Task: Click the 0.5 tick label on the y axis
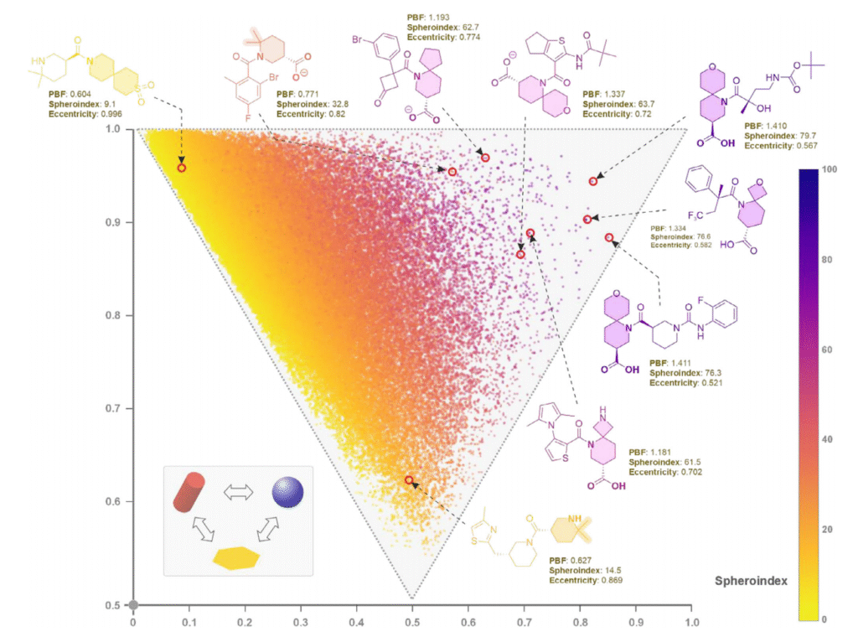pyautogui.click(x=119, y=605)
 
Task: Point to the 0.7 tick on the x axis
pyautogui.click(x=525, y=623)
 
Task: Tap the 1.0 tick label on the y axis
pyautogui.click(x=119, y=129)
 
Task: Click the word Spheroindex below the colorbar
pyautogui.click(x=750, y=580)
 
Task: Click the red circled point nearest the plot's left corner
pyautogui.click(x=182, y=168)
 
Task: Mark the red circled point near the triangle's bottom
pyautogui.click(x=409, y=480)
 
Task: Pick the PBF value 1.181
pyautogui.click(x=664, y=453)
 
